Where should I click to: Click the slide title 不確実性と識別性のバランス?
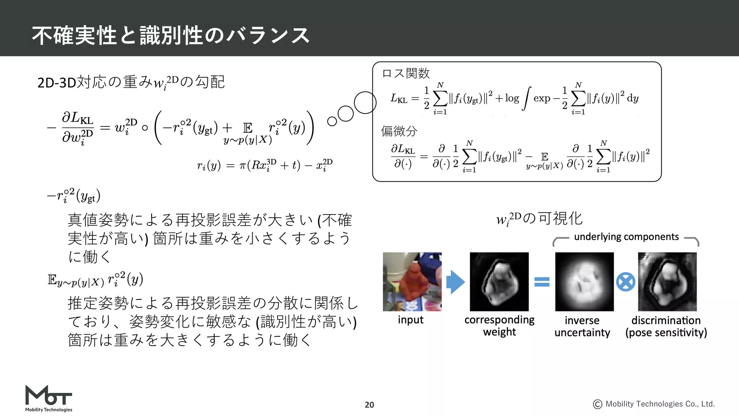(x=171, y=35)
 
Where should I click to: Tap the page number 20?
(x=369, y=405)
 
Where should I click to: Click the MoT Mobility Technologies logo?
(x=49, y=398)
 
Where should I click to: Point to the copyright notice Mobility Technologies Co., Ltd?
(x=654, y=404)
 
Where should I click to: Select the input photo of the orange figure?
(x=412, y=282)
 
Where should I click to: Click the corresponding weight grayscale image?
(x=499, y=282)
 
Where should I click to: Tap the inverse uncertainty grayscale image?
(x=584, y=282)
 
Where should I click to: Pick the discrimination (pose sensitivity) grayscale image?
(x=667, y=282)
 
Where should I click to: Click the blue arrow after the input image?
(x=455, y=282)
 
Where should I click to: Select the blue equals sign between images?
(x=542, y=282)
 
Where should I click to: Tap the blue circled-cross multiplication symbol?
(x=625, y=282)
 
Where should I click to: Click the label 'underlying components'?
(x=626, y=237)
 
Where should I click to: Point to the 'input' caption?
(x=411, y=320)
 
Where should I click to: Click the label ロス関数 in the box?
(x=406, y=73)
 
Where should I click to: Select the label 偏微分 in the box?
(x=399, y=131)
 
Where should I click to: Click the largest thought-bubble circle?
(x=365, y=103)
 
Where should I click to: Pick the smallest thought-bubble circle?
(x=332, y=121)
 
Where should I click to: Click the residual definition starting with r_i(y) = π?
(x=264, y=165)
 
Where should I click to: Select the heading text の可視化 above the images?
(x=552, y=218)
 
